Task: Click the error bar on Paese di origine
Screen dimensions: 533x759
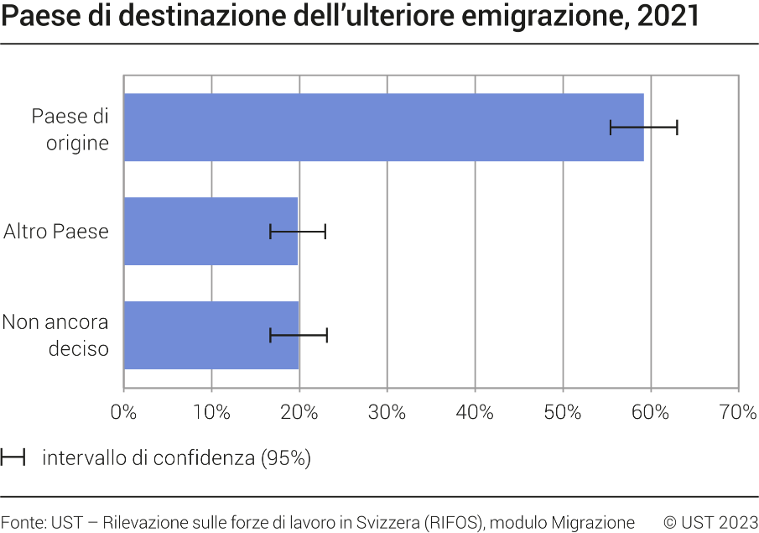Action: [643, 128]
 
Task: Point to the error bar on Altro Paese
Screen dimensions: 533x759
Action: [298, 232]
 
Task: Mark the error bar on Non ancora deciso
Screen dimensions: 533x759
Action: [299, 336]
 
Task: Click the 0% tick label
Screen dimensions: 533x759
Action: [124, 412]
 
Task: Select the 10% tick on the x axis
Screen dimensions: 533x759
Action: [211, 412]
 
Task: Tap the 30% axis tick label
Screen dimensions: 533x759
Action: [387, 412]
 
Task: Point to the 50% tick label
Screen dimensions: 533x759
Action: [563, 412]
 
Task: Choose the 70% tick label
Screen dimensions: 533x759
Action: [737, 412]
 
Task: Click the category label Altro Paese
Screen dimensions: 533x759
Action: [56, 231]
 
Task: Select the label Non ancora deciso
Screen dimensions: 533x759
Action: [56, 335]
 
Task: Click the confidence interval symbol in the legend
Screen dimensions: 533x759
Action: [13, 457]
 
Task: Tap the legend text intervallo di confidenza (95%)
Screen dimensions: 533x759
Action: [177, 457]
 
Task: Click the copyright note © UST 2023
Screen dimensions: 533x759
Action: [711, 522]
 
